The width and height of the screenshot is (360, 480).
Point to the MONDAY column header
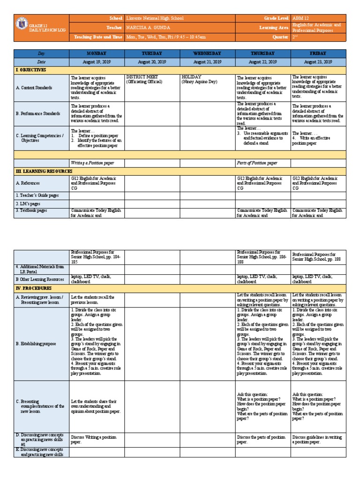96,53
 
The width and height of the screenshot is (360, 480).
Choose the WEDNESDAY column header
207,53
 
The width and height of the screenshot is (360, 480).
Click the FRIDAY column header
318,53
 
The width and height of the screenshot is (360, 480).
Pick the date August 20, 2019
152,62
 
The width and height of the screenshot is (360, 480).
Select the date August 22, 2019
263,62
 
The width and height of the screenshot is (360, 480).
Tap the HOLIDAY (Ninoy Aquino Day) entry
202,79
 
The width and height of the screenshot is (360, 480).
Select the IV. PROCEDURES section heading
34,288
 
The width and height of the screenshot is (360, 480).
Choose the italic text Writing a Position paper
92,163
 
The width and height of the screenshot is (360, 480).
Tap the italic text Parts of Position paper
257,163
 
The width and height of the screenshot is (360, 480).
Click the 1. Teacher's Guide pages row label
38,195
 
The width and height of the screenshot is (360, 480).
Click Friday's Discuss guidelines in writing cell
318,440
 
